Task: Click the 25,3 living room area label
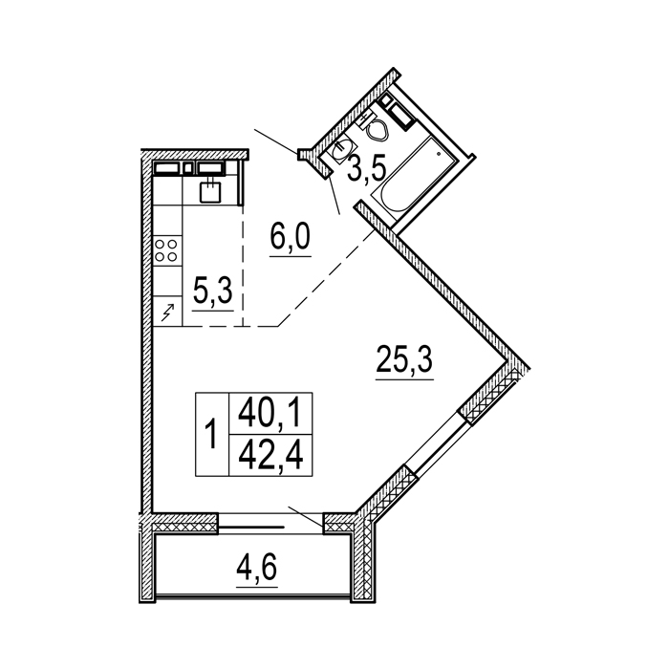404,359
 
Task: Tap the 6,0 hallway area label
291,238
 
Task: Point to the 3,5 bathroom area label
366,168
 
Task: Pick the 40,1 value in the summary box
270,414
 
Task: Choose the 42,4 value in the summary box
270,455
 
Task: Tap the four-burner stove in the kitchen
166,250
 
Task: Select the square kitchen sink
211,191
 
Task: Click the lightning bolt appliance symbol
167,312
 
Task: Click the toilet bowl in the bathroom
378,129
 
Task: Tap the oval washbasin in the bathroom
341,151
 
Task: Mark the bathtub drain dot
438,152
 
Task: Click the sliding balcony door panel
251,528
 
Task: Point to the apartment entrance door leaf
276,140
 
